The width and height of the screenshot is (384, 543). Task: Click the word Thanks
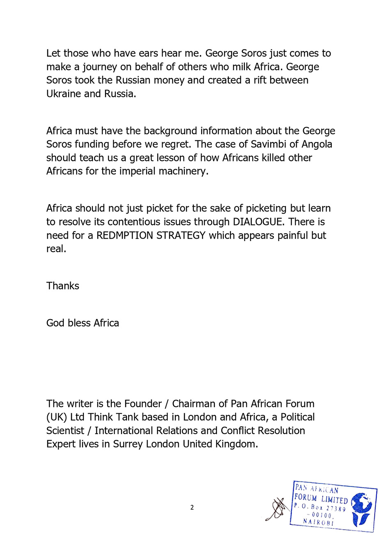click(x=62, y=286)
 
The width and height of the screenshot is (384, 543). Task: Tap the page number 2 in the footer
click(x=192, y=507)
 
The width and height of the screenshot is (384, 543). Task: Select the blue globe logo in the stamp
click(x=361, y=509)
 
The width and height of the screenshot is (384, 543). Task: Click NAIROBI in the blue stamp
click(x=318, y=522)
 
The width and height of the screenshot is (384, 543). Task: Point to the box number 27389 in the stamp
click(x=336, y=508)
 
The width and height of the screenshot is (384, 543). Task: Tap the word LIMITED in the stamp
click(x=334, y=499)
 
